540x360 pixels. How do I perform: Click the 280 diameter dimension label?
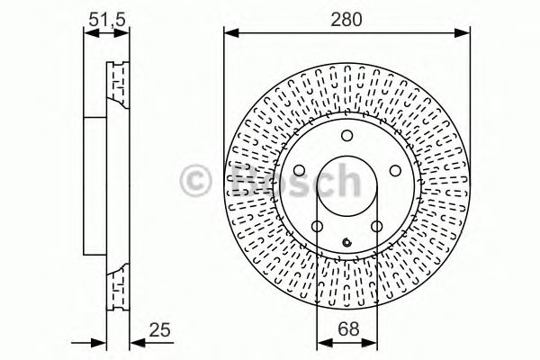coord(346,19)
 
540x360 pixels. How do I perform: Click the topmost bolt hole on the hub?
coord(346,136)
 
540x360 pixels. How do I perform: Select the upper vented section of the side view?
coord(115,85)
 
